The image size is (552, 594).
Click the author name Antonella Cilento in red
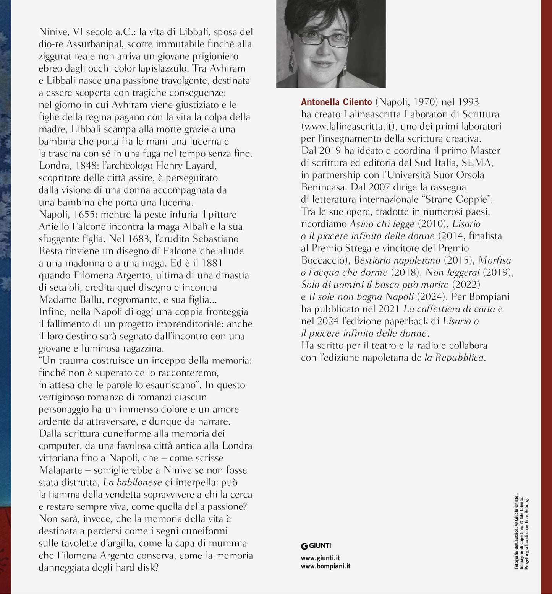tap(336, 102)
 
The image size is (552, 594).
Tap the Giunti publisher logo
tap(316, 546)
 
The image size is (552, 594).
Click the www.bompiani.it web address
tap(325, 566)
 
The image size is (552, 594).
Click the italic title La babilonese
tap(133, 482)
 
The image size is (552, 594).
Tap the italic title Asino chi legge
tap(382, 224)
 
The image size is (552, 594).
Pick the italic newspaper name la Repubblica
tap(454, 358)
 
